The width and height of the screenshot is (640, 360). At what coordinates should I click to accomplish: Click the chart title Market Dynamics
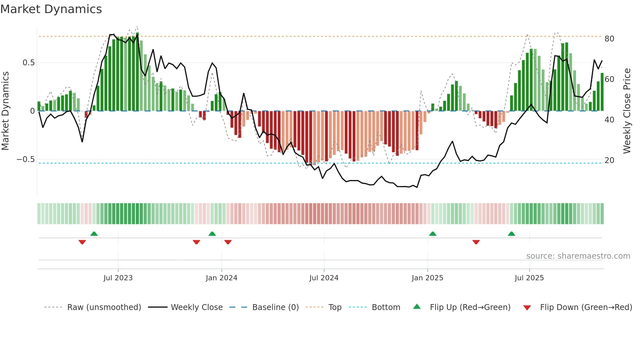click(x=51, y=9)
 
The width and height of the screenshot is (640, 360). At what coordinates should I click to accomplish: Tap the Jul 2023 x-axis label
click(x=118, y=278)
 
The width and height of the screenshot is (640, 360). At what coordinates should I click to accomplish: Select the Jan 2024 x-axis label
click(x=221, y=278)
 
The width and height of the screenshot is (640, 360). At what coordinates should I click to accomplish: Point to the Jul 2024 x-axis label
click(x=324, y=278)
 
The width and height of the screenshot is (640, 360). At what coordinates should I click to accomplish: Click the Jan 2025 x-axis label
click(x=427, y=278)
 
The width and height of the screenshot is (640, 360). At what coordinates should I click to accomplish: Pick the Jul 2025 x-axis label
click(x=529, y=278)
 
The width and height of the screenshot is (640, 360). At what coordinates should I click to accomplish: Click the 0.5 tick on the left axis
click(x=28, y=63)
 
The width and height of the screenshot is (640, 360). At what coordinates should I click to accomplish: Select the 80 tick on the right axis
click(x=609, y=39)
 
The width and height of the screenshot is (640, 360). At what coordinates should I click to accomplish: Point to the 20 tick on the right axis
click(x=609, y=160)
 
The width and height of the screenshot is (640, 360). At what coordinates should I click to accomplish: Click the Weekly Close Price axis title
click(x=627, y=111)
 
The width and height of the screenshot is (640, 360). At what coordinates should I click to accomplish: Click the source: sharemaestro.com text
click(x=578, y=256)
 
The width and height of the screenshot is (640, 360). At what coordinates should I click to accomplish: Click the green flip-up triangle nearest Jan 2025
click(x=433, y=234)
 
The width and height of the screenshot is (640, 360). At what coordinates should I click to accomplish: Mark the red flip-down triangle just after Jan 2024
click(x=228, y=242)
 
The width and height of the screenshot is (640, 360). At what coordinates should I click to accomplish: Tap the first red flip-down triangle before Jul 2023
click(x=82, y=242)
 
